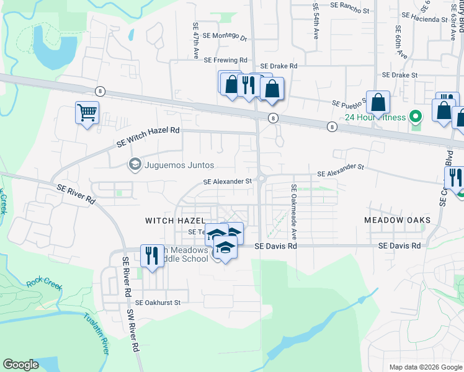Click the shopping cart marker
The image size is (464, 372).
87,113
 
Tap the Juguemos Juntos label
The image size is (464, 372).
179,165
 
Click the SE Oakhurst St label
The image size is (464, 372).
158,303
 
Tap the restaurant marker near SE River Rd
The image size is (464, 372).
152,255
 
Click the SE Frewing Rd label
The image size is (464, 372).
225,60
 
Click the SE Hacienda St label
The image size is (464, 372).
425,20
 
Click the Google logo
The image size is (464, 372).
21,365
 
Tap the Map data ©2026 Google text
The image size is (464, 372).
425,367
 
